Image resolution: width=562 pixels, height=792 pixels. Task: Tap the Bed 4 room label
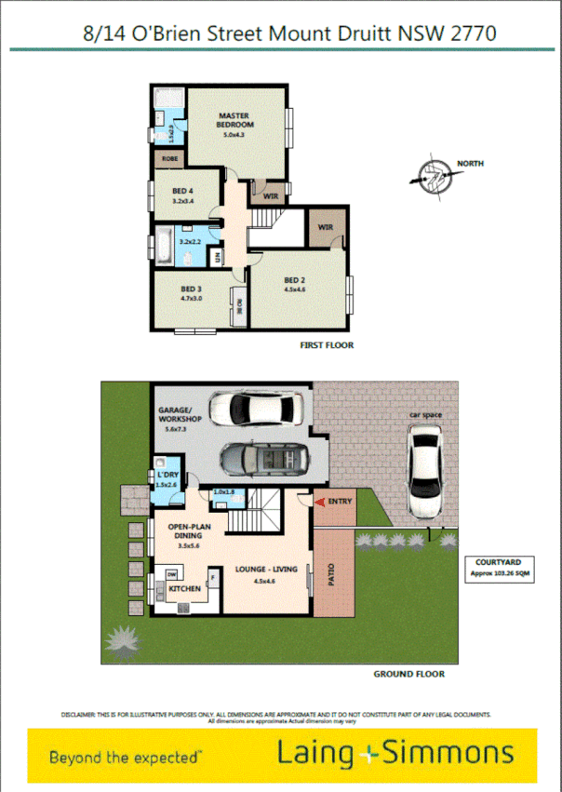point(182,195)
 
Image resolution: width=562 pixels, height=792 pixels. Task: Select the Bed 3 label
point(193,294)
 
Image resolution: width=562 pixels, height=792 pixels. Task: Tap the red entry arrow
point(320,503)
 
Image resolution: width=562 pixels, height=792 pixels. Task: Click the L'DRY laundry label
point(167,477)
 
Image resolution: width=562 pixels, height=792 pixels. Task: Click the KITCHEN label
point(185,589)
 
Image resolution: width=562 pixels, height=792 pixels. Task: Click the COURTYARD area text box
point(497,568)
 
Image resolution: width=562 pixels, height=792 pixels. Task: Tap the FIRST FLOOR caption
point(327,345)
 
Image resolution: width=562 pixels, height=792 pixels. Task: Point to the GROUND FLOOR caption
point(408,674)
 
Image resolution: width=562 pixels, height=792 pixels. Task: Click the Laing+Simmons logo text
point(395,753)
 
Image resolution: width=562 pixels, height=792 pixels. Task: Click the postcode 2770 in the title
point(474,34)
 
